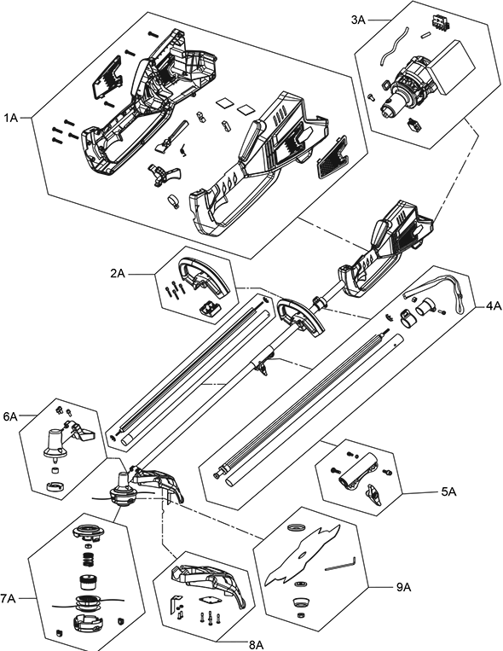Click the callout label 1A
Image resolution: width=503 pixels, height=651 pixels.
11,119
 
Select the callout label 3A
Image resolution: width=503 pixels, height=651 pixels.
358,20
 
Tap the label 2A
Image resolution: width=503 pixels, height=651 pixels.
118,274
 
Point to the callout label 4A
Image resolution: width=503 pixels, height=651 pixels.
494,306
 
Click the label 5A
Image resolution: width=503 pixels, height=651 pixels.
448,492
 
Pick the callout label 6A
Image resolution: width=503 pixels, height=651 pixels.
10,416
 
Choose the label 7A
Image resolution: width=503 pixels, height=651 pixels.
8,598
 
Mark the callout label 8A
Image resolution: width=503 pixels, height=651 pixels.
257,645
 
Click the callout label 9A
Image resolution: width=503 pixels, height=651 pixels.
403,587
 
